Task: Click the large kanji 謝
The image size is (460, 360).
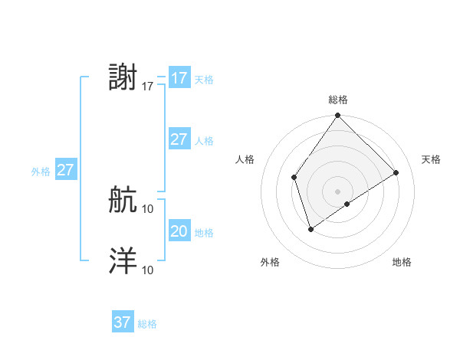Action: [x=123, y=78]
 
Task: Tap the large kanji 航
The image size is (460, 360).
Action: [x=123, y=201]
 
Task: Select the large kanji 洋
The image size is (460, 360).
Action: [x=123, y=261]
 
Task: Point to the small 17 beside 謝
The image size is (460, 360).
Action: [x=148, y=87]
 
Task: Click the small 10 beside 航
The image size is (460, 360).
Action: [x=148, y=208]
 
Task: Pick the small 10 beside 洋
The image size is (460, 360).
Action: [x=148, y=270]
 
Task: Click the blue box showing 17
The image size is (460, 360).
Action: [x=179, y=78]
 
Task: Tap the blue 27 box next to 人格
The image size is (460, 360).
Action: [x=179, y=139]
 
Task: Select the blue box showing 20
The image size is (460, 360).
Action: [x=179, y=231]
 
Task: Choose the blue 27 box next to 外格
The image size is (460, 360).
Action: [x=65, y=170]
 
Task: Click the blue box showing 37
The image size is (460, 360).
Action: [x=123, y=322]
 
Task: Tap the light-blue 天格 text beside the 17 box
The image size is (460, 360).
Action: [x=204, y=80]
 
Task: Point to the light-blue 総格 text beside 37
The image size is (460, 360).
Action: [x=147, y=324]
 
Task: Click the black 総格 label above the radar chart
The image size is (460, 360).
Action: [x=337, y=100]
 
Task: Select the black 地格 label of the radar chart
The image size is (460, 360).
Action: [x=402, y=263]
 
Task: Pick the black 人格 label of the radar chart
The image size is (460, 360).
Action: [x=245, y=159]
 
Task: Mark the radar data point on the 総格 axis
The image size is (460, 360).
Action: [x=337, y=116]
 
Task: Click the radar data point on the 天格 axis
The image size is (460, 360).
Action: [x=396, y=172]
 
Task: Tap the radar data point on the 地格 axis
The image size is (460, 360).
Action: [x=347, y=204]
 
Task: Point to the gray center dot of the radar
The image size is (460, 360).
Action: [x=337, y=191]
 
